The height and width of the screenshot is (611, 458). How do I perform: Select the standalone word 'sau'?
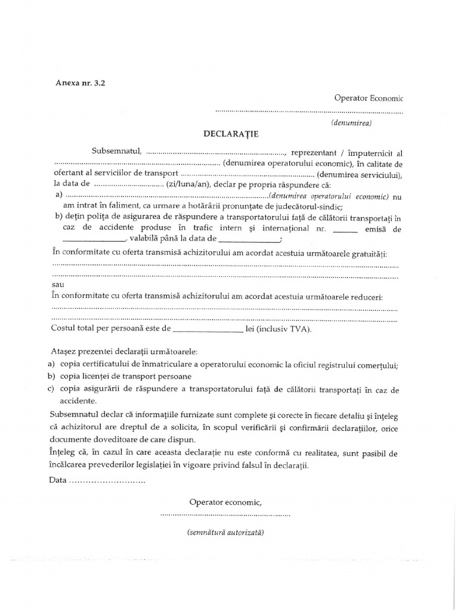tap(58, 286)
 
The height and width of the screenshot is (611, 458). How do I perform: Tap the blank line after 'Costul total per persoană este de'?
tap(206, 329)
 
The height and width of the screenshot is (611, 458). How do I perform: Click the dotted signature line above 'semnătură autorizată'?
tap(225, 514)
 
